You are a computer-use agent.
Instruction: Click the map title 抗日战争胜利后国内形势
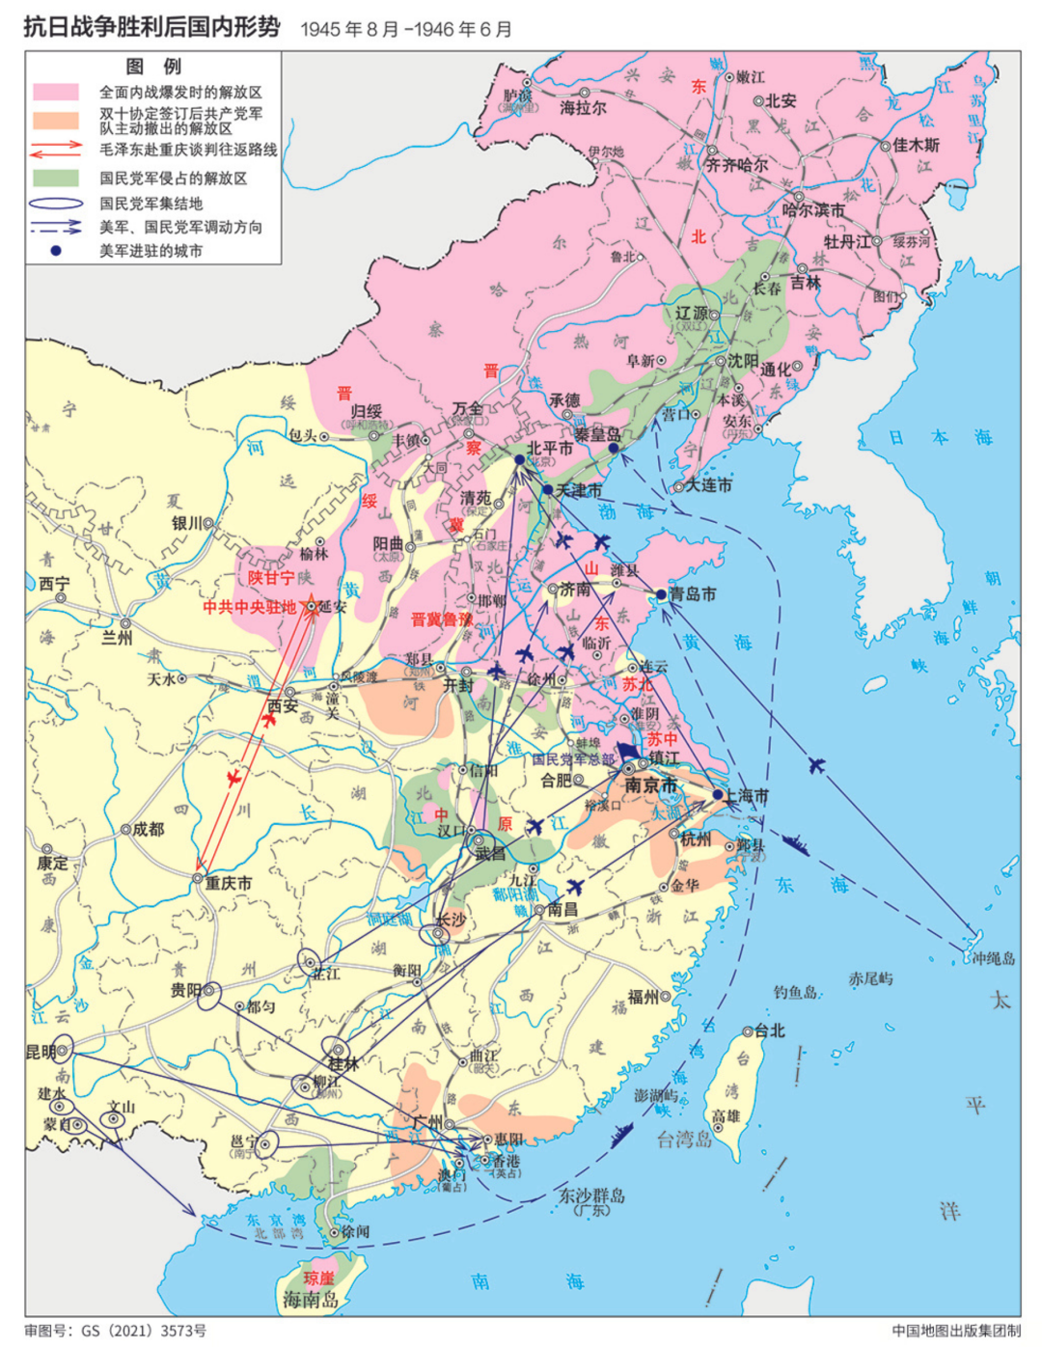[x=151, y=26]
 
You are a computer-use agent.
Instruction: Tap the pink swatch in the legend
[x=56, y=92]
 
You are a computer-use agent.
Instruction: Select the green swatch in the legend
[x=56, y=178]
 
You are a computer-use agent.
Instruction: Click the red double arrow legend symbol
[x=56, y=150]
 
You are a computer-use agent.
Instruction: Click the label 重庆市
[x=229, y=882]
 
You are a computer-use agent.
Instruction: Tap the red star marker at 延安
[x=312, y=606]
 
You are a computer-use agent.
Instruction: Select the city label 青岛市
[x=693, y=593]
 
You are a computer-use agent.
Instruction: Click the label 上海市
[x=747, y=796]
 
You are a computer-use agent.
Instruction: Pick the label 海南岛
[x=311, y=1300]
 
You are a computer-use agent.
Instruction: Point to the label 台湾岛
[x=684, y=1139]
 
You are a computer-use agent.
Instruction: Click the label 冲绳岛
[x=994, y=958]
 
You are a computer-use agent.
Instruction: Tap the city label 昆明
[x=41, y=1051]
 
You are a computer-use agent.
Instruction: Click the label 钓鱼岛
[x=796, y=991]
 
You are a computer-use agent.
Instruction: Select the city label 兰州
[x=117, y=638]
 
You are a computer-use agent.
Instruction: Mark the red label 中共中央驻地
[x=249, y=607]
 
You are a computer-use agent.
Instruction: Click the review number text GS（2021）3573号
[x=143, y=1331]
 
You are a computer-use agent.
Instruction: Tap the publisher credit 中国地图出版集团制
[x=955, y=1331]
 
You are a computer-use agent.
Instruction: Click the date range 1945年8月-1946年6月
[x=406, y=29]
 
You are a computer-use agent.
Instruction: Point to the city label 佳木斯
[x=916, y=145]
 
